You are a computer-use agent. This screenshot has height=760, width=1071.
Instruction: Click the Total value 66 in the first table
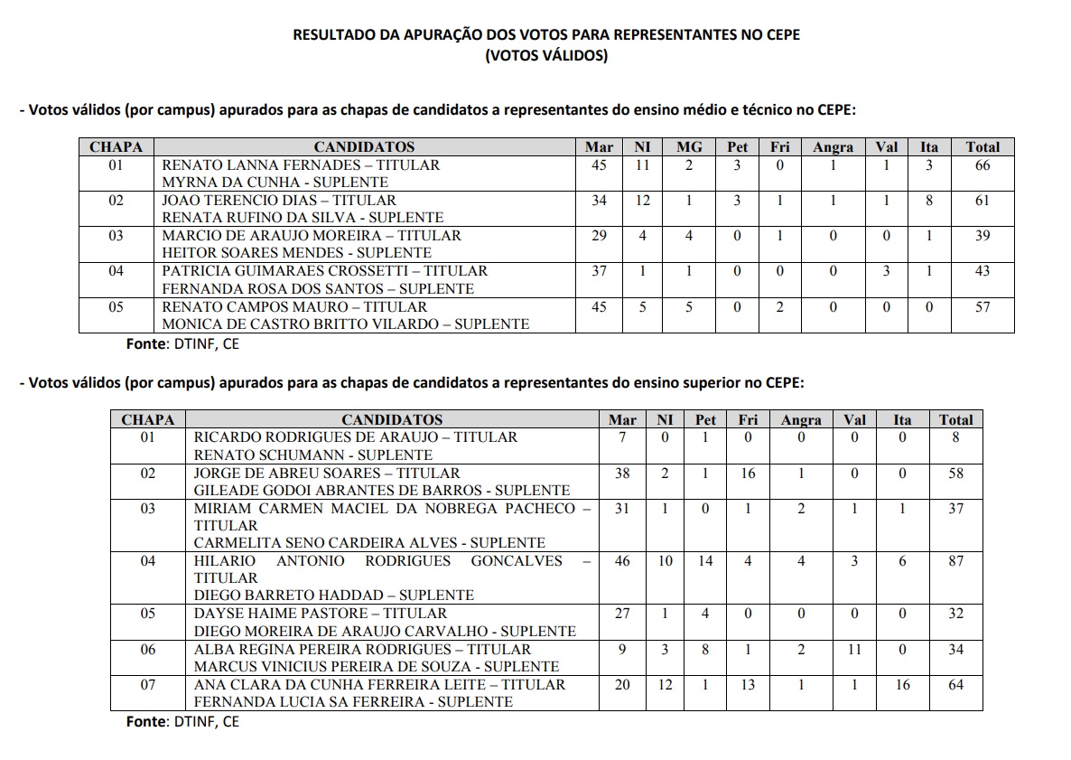click(983, 165)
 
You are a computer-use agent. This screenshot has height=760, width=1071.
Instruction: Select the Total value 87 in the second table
click(955, 561)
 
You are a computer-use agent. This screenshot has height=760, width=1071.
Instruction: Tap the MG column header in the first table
click(688, 147)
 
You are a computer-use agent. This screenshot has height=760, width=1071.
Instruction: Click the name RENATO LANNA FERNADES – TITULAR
click(301, 165)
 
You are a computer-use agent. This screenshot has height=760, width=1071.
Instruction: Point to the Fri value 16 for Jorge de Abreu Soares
click(748, 474)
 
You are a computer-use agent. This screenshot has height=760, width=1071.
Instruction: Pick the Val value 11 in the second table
click(854, 650)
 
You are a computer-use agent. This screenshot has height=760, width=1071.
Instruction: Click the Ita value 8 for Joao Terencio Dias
click(929, 201)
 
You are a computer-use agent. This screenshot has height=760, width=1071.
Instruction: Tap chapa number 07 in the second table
click(148, 685)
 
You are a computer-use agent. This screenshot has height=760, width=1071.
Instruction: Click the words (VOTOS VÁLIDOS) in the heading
click(546, 56)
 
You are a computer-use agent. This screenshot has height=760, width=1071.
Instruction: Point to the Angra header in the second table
click(801, 420)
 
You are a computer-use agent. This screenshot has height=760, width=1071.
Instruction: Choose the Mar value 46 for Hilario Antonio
click(622, 561)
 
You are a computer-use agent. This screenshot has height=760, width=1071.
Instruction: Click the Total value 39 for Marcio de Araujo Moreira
click(983, 236)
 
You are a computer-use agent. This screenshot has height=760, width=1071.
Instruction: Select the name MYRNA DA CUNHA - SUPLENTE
click(275, 183)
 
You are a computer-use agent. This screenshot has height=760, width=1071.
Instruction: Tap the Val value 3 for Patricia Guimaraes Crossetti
click(887, 271)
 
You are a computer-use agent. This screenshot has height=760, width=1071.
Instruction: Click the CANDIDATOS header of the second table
click(392, 420)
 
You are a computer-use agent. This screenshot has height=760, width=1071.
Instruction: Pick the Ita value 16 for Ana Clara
click(902, 685)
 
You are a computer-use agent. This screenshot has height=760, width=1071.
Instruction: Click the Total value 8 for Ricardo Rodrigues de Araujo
click(955, 437)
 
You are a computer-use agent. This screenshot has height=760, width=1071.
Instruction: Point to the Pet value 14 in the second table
click(705, 561)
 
